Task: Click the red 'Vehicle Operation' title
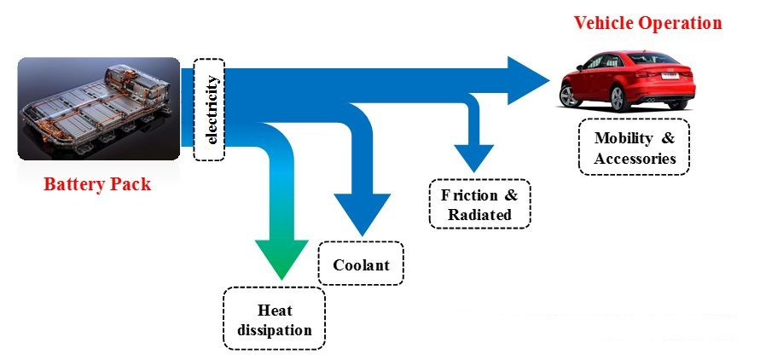pos(647,23)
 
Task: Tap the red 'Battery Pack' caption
pos(97,184)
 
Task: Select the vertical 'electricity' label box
pos(210,109)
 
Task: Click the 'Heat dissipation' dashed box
pos(273,318)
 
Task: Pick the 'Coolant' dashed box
pos(361,264)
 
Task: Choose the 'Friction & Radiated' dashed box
pos(479,204)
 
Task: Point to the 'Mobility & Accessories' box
pos(635,148)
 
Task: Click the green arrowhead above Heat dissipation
pos(281,256)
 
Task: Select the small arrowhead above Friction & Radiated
pos(474,156)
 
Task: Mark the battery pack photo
pos(98,108)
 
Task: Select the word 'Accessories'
pos(635,159)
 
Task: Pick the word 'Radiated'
pos(479,215)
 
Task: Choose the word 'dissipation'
pos(274,330)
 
